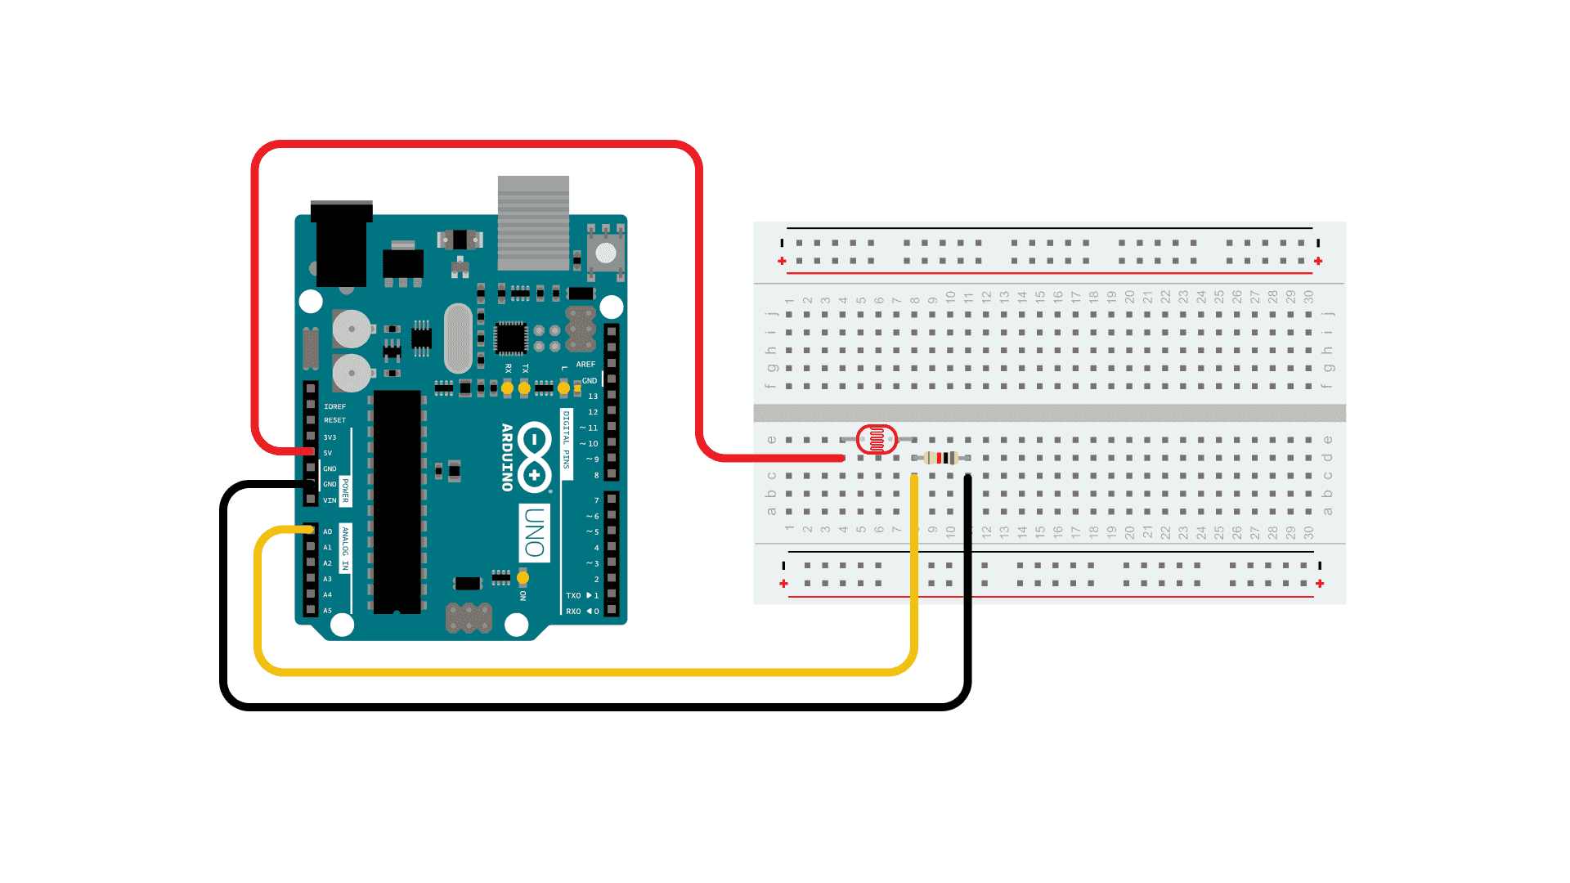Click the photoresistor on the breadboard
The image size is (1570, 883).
tap(877, 440)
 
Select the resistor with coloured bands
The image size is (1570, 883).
tap(942, 458)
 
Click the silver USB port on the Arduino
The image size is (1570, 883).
tap(533, 222)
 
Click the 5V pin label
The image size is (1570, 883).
tap(328, 453)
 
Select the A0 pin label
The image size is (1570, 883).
tap(328, 532)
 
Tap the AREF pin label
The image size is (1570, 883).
tap(585, 365)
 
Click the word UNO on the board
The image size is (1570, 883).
tap(534, 532)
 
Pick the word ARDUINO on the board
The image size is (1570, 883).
tap(507, 457)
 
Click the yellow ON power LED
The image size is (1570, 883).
tap(523, 578)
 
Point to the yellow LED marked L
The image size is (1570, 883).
tap(563, 388)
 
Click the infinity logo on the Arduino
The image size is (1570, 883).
tap(535, 457)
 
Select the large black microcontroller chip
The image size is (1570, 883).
tap(397, 501)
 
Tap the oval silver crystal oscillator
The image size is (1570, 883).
tap(459, 338)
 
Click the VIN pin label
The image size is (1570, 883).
tap(330, 500)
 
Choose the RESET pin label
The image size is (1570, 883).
tap(334, 420)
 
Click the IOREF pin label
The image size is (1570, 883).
tap(334, 406)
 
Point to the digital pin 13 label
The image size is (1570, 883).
tap(593, 397)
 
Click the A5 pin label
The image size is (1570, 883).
tap(328, 611)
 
